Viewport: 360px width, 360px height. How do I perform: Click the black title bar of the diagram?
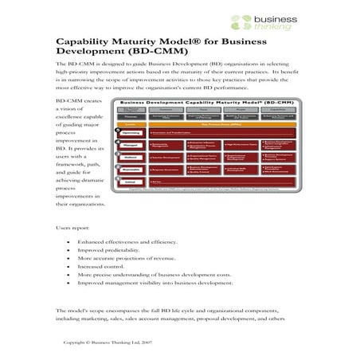[193, 104]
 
